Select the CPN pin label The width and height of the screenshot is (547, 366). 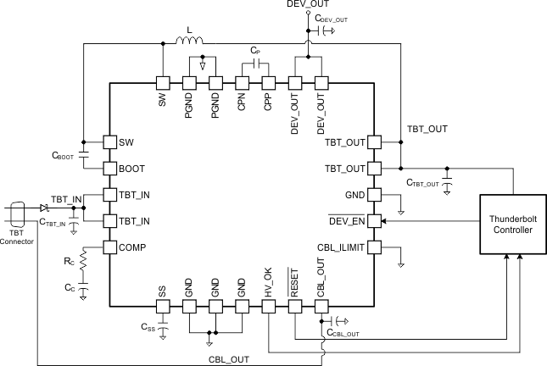[242, 104]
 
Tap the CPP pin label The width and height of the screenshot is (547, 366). [268, 104]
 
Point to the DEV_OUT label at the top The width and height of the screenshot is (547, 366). [307, 6]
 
